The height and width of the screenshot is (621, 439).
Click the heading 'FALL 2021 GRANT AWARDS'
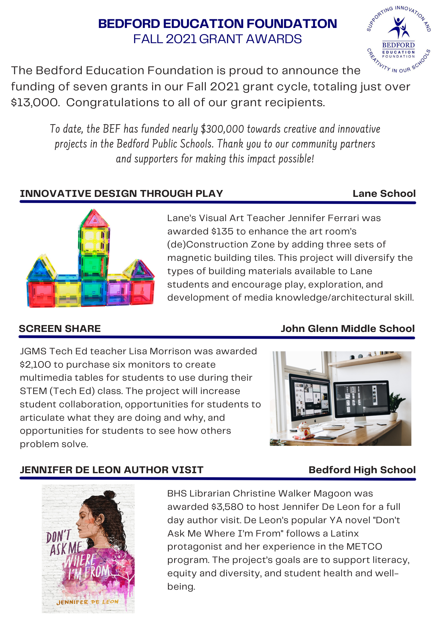pos(217,39)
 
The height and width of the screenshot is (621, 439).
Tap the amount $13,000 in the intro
pos(35,102)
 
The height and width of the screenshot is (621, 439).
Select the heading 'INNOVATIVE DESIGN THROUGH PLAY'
pos(121,193)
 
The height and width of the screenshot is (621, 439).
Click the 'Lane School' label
pos(384,193)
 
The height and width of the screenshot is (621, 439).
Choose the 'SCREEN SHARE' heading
pos(60,329)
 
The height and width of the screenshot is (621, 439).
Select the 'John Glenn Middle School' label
pos(348,329)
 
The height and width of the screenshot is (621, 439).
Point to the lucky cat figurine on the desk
pos(304,430)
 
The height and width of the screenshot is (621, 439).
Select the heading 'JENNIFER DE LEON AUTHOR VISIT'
pos(112,470)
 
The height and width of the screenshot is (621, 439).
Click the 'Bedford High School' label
pos(362,470)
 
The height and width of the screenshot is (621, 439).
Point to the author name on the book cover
pos(88,602)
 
